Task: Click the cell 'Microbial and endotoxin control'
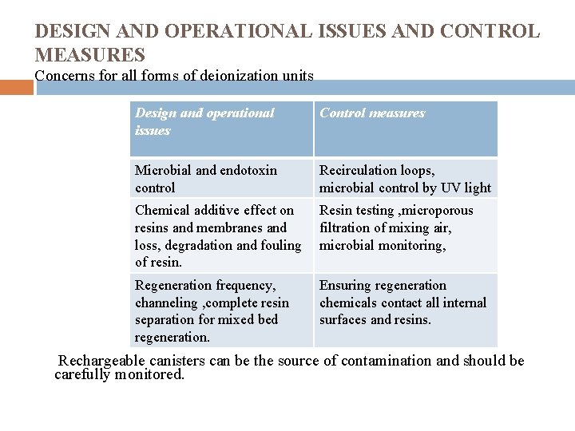tap(222, 179)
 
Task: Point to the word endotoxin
tap(248, 170)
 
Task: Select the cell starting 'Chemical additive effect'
tap(222, 235)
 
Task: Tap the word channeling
tap(166, 302)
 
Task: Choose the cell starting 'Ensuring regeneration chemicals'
tap(405, 302)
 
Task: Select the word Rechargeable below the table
tap(103, 361)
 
